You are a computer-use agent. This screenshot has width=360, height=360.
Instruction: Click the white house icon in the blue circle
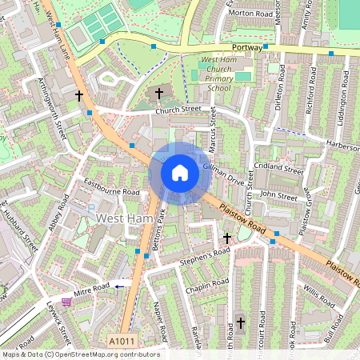pyautogui.click(x=180, y=173)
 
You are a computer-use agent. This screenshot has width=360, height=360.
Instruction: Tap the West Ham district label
pyautogui.click(x=120, y=218)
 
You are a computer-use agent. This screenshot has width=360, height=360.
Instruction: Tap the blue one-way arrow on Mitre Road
pyautogui.click(x=121, y=285)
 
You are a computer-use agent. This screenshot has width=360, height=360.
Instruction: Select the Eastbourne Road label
pyautogui.click(x=112, y=187)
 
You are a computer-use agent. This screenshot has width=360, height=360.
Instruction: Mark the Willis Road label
pyautogui.click(x=318, y=298)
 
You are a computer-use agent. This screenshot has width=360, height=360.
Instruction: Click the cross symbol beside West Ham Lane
pyautogui.click(x=78, y=95)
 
